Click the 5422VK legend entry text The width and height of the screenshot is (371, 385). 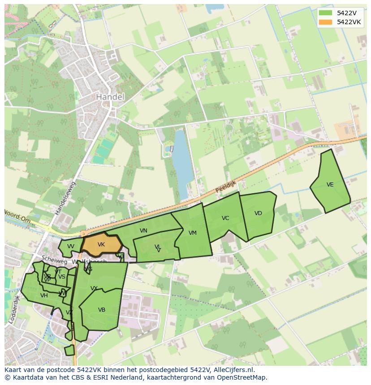pyautogui.click(x=349, y=22)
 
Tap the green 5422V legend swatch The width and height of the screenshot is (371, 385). pyautogui.click(x=326, y=13)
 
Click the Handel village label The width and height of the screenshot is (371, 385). pyautogui.click(x=110, y=97)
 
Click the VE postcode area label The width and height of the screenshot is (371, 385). pyautogui.click(x=330, y=185)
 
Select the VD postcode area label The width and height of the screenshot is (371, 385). pyautogui.click(x=258, y=213)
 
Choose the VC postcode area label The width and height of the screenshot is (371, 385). pyautogui.click(x=225, y=218)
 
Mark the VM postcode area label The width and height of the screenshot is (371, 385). pyautogui.click(x=193, y=233)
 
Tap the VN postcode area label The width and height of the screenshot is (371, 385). pyautogui.click(x=143, y=231)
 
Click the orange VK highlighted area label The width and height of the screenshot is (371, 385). pyautogui.click(x=101, y=245)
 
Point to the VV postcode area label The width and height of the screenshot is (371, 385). pyautogui.click(x=71, y=246)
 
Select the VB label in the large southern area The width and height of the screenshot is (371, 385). pyautogui.click(x=102, y=310)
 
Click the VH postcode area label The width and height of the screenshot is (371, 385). pyautogui.click(x=44, y=295)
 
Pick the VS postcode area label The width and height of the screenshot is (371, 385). pyautogui.click(x=62, y=277)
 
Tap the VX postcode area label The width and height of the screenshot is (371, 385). pyautogui.click(x=94, y=288)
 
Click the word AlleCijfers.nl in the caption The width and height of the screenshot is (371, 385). pyautogui.click(x=233, y=370)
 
